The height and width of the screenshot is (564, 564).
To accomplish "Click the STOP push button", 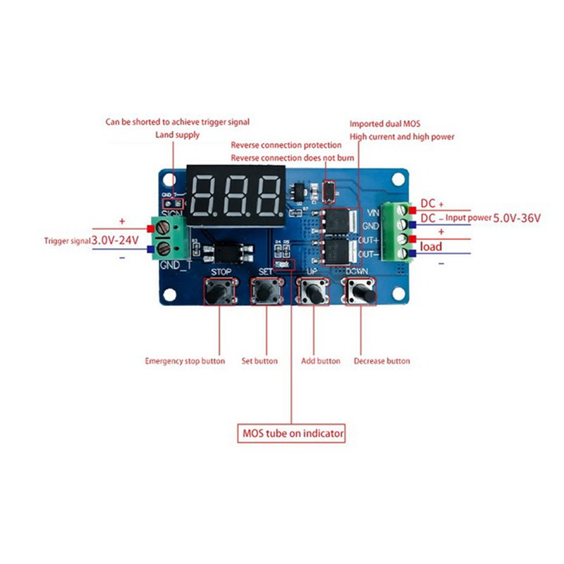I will pyautogui.click(x=221, y=290).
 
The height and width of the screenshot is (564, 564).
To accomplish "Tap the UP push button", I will pyautogui.click(x=314, y=290).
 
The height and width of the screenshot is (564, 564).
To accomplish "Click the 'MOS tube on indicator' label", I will pyautogui.click(x=291, y=433).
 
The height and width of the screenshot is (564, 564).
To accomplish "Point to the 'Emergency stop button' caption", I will pyautogui.click(x=185, y=361).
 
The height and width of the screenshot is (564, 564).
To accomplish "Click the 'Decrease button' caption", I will pyautogui.click(x=381, y=361).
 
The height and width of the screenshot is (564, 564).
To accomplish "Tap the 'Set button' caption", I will pyautogui.click(x=259, y=361).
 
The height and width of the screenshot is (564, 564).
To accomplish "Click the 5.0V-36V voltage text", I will pyautogui.click(x=516, y=219).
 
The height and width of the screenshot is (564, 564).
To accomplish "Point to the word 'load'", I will pyautogui.click(x=431, y=247).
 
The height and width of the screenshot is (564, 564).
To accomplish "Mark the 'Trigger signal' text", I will pyautogui.click(x=66, y=241).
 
